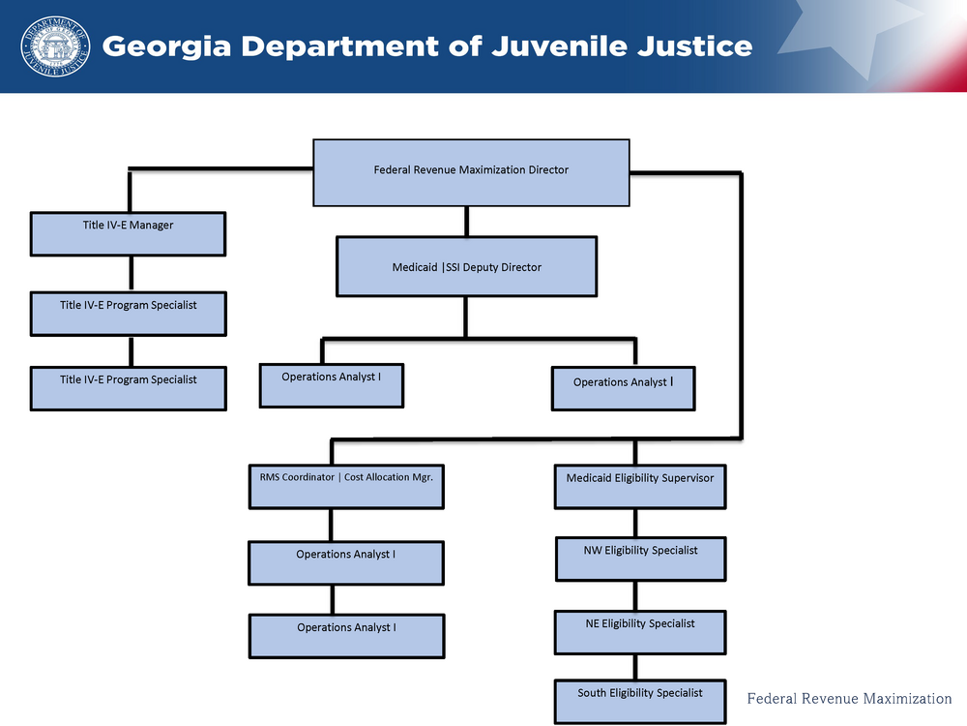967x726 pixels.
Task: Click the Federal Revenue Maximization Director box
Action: (471, 171)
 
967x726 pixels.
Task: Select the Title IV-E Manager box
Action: (128, 233)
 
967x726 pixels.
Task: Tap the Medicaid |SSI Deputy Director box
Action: (466, 266)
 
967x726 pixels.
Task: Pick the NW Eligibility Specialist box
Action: (640, 559)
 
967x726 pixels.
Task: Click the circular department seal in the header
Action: (54, 46)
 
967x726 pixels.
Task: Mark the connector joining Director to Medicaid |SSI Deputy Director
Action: (467, 221)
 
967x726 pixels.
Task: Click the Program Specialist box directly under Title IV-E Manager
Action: (128, 313)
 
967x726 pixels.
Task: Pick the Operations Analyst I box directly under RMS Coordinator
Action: (346, 561)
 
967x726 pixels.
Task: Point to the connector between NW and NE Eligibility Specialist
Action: (635, 595)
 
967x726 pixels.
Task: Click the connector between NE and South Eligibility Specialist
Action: (635, 666)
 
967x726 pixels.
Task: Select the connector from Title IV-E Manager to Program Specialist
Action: (130, 273)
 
